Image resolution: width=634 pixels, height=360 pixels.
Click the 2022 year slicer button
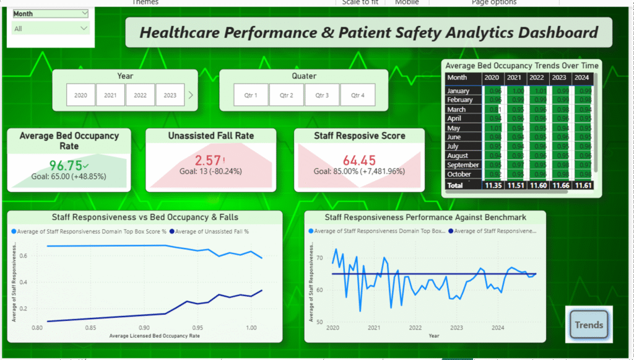pyautogui.click(x=140, y=95)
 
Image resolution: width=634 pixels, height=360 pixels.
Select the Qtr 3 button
pyautogui.click(x=321, y=95)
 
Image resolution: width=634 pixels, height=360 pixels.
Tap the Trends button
pyautogui.click(x=589, y=325)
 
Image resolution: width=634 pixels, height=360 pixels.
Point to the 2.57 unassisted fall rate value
pyautogui.click(x=208, y=160)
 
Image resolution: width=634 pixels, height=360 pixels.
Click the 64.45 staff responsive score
pyautogui.click(x=358, y=160)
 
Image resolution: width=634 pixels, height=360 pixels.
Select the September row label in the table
pyautogui.click(x=462, y=165)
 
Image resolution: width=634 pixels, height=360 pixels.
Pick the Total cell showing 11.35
pyautogui.click(x=492, y=185)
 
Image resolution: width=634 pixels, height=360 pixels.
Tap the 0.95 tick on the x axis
pyautogui.click(x=198, y=327)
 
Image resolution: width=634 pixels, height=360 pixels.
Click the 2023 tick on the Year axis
pyautogui.click(x=456, y=327)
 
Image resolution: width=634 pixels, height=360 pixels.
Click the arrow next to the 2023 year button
pyautogui.click(x=191, y=95)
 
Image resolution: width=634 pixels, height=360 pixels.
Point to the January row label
pyautogui.click(x=458, y=91)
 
